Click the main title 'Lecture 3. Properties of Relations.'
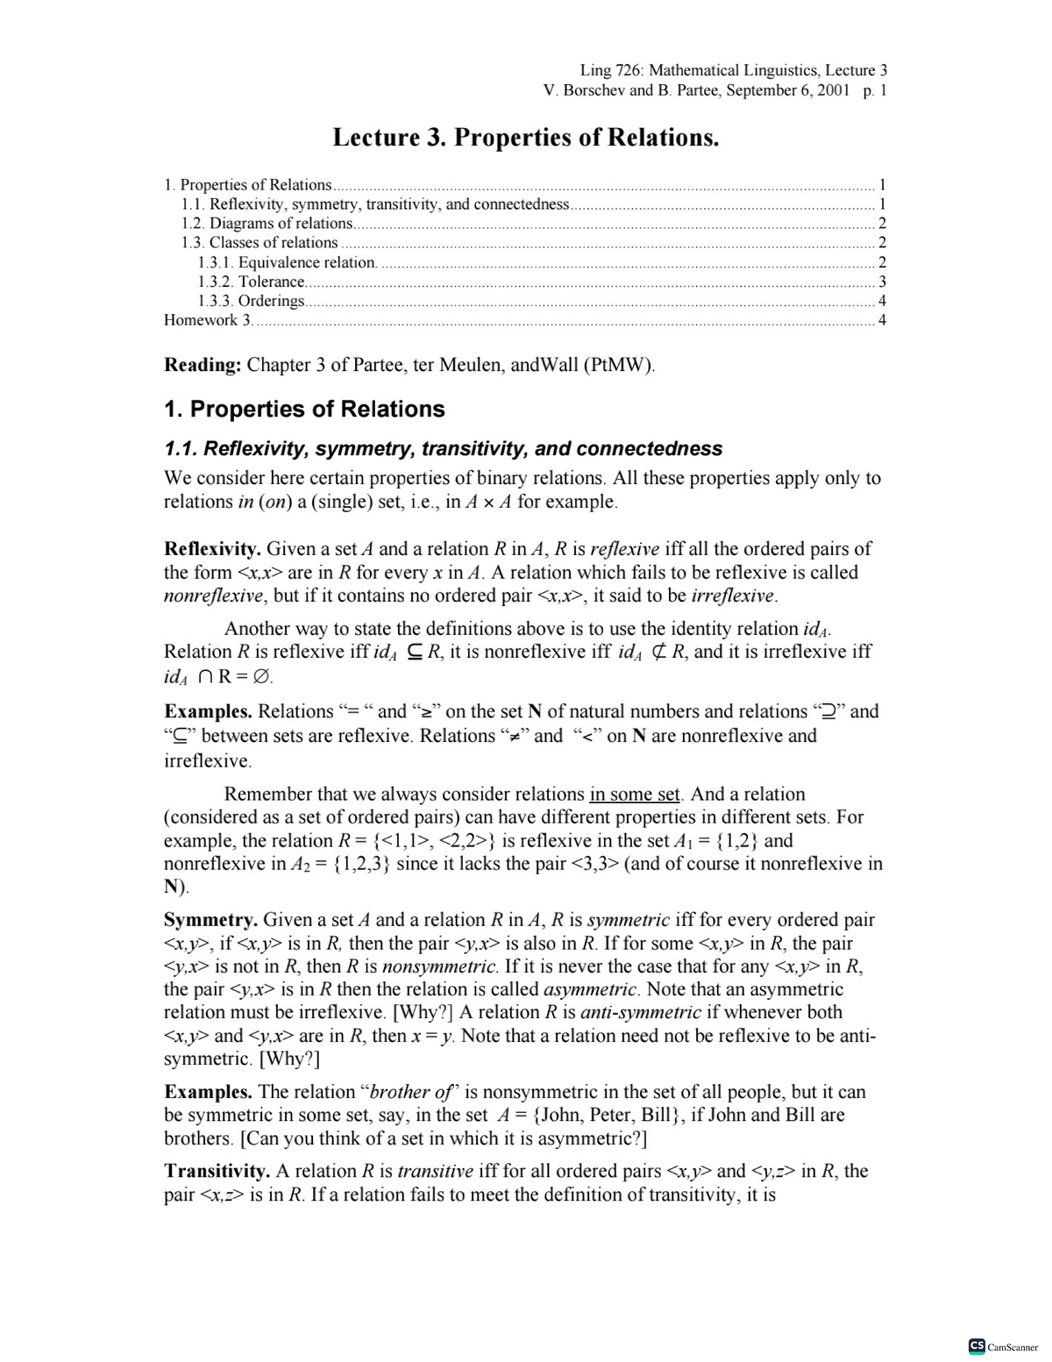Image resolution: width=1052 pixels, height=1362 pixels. pos(526,138)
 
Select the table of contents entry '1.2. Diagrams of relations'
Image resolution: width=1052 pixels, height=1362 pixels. pos(267,223)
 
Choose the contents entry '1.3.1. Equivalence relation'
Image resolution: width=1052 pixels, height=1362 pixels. pos(288,262)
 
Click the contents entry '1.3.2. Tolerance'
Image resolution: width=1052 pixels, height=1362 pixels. pos(252,282)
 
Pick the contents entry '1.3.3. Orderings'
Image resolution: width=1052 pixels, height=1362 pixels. pos(252,301)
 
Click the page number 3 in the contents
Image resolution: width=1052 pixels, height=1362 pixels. pos(882,282)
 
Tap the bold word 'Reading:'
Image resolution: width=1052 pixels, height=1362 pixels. pos(203,365)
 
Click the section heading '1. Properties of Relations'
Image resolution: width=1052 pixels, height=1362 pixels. pos(304,410)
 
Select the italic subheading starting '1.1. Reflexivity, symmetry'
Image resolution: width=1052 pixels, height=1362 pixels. pos(443,449)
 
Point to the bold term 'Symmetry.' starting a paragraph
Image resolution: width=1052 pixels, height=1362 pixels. pos(210,920)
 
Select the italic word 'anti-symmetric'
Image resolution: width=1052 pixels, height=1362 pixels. pos(640,1012)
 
